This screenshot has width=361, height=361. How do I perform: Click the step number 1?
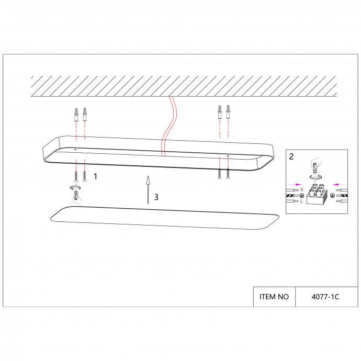point(95,176)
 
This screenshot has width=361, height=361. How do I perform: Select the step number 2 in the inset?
point(291,156)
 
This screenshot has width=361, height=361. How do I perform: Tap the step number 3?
point(156,197)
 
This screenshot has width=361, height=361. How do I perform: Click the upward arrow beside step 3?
point(148,190)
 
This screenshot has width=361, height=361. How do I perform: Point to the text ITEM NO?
point(274,297)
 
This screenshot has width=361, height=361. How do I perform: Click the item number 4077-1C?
point(325,297)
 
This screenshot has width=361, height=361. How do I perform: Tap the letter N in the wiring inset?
point(302,190)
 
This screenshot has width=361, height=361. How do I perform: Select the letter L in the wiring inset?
point(302,201)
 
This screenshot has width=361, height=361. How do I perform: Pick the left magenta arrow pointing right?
point(295,184)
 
